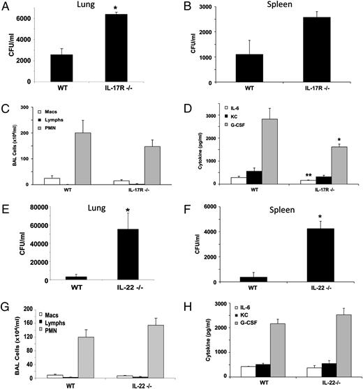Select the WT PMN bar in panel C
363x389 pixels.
coord(83,158)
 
